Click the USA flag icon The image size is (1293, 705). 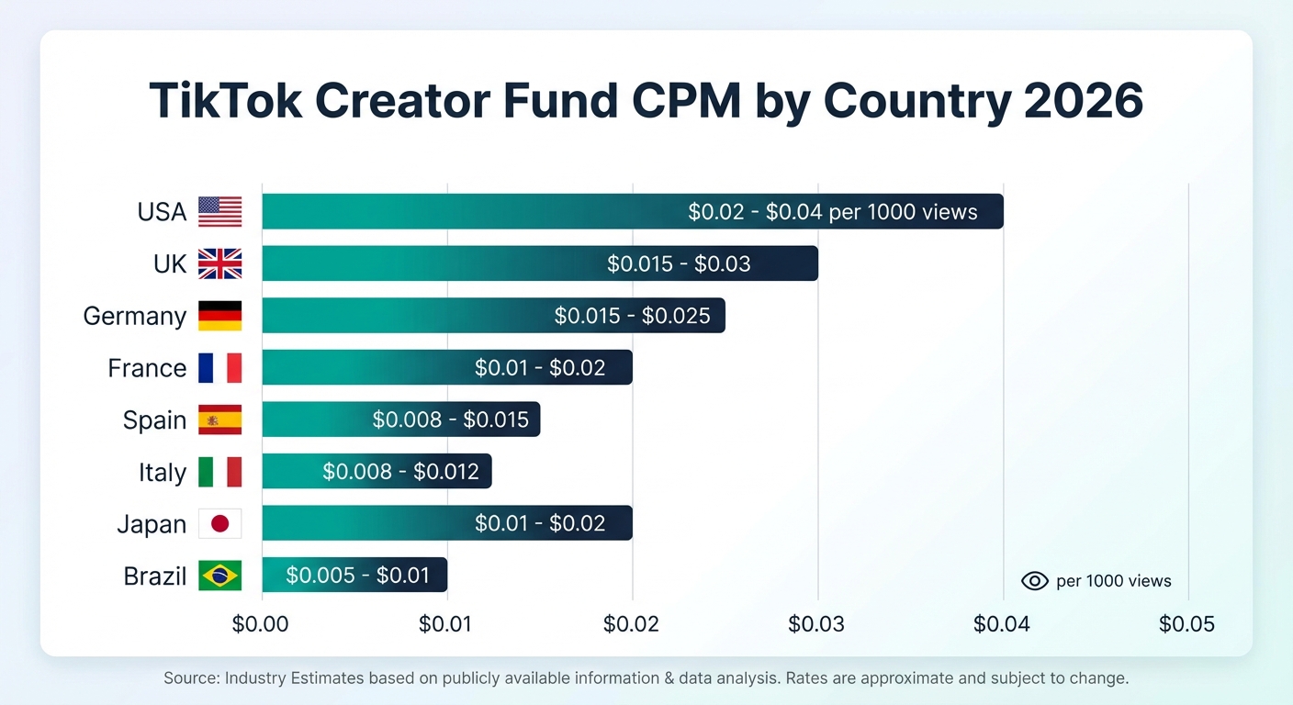point(219,212)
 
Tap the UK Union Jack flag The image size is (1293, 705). point(219,264)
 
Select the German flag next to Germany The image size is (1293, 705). point(219,316)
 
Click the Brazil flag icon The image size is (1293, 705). point(219,576)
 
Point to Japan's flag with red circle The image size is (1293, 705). point(219,524)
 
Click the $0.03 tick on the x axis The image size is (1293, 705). point(816,625)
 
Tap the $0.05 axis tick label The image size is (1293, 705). point(1186,625)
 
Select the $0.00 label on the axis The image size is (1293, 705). point(260,625)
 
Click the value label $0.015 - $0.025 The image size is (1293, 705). point(632,316)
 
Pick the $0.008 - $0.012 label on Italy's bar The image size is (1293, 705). point(400,472)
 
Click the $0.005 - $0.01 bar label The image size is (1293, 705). point(358,576)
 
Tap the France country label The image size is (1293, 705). point(147,368)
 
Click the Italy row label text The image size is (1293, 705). point(162,473)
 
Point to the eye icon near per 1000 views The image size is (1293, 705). point(1034,581)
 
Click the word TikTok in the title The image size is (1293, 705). point(225,101)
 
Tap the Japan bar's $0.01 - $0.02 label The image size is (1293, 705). point(540,524)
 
